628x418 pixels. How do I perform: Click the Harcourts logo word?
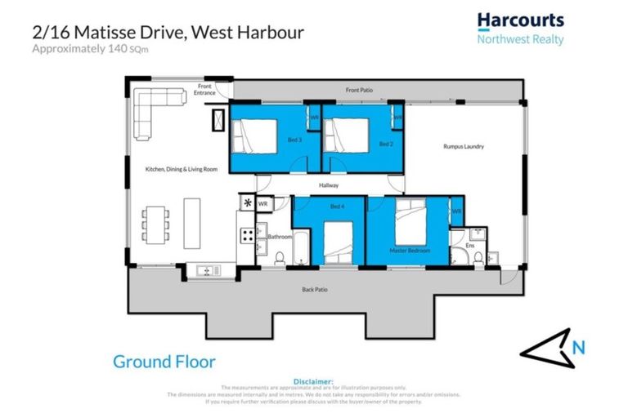tap(520, 20)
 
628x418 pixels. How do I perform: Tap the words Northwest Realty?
tap(520, 38)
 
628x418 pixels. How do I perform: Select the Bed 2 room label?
tap(386, 144)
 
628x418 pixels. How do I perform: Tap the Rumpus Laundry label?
tap(464, 147)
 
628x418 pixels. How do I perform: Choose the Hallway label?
tap(329, 186)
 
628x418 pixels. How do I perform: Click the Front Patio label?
tap(359, 90)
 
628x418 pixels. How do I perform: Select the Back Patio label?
tap(315, 289)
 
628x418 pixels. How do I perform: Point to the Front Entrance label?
tap(204, 90)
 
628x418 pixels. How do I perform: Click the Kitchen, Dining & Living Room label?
tap(182, 169)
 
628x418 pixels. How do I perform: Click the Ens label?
tap(469, 245)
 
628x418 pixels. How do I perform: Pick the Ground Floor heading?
tap(164, 361)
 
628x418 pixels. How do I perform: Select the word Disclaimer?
tap(314, 381)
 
